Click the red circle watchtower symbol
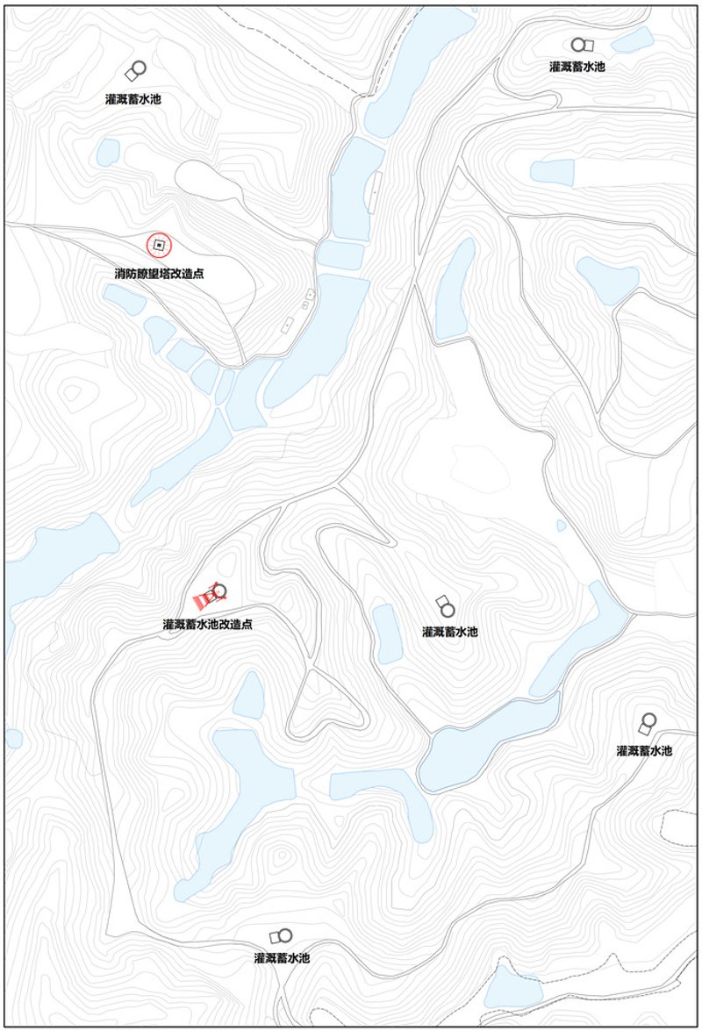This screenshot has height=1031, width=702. pyautogui.click(x=159, y=245)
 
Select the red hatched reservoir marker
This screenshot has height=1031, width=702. pyautogui.click(x=204, y=599)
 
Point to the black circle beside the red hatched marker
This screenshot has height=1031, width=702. pyautogui.click(x=219, y=591)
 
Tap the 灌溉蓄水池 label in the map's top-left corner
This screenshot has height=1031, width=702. pyautogui.click(x=133, y=99)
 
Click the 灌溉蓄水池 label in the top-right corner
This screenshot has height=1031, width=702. pyautogui.click(x=577, y=66)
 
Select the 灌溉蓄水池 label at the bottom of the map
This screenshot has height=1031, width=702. pyautogui.click(x=282, y=957)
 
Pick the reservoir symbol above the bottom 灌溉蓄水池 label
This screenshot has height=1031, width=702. pyautogui.click(x=281, y=936)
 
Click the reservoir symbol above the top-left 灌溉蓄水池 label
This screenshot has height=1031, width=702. pyautogui.click(x=135, y=71)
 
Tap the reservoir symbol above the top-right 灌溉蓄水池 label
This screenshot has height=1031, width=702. pyautogui.click(x=582, y=45)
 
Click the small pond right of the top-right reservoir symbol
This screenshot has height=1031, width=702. pyautogui.click(x=633, y=40)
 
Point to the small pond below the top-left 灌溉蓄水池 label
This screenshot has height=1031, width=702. pyautogui.click(x=107, y=152)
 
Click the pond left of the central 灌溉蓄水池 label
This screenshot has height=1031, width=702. pyautogui.click(x=387, y=631)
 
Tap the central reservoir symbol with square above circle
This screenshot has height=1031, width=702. pyautogui.click(x=445, y=605)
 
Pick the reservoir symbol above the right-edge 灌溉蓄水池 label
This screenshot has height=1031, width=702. pyautogui.click(x=648, y=724)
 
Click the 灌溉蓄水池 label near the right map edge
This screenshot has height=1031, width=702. pyautogui.click(x=644, y=751)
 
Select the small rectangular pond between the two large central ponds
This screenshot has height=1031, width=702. pyautogui.click(x=340, y=255)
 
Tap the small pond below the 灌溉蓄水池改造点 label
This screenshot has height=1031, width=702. pyautogui.click(x=249, y=694)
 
